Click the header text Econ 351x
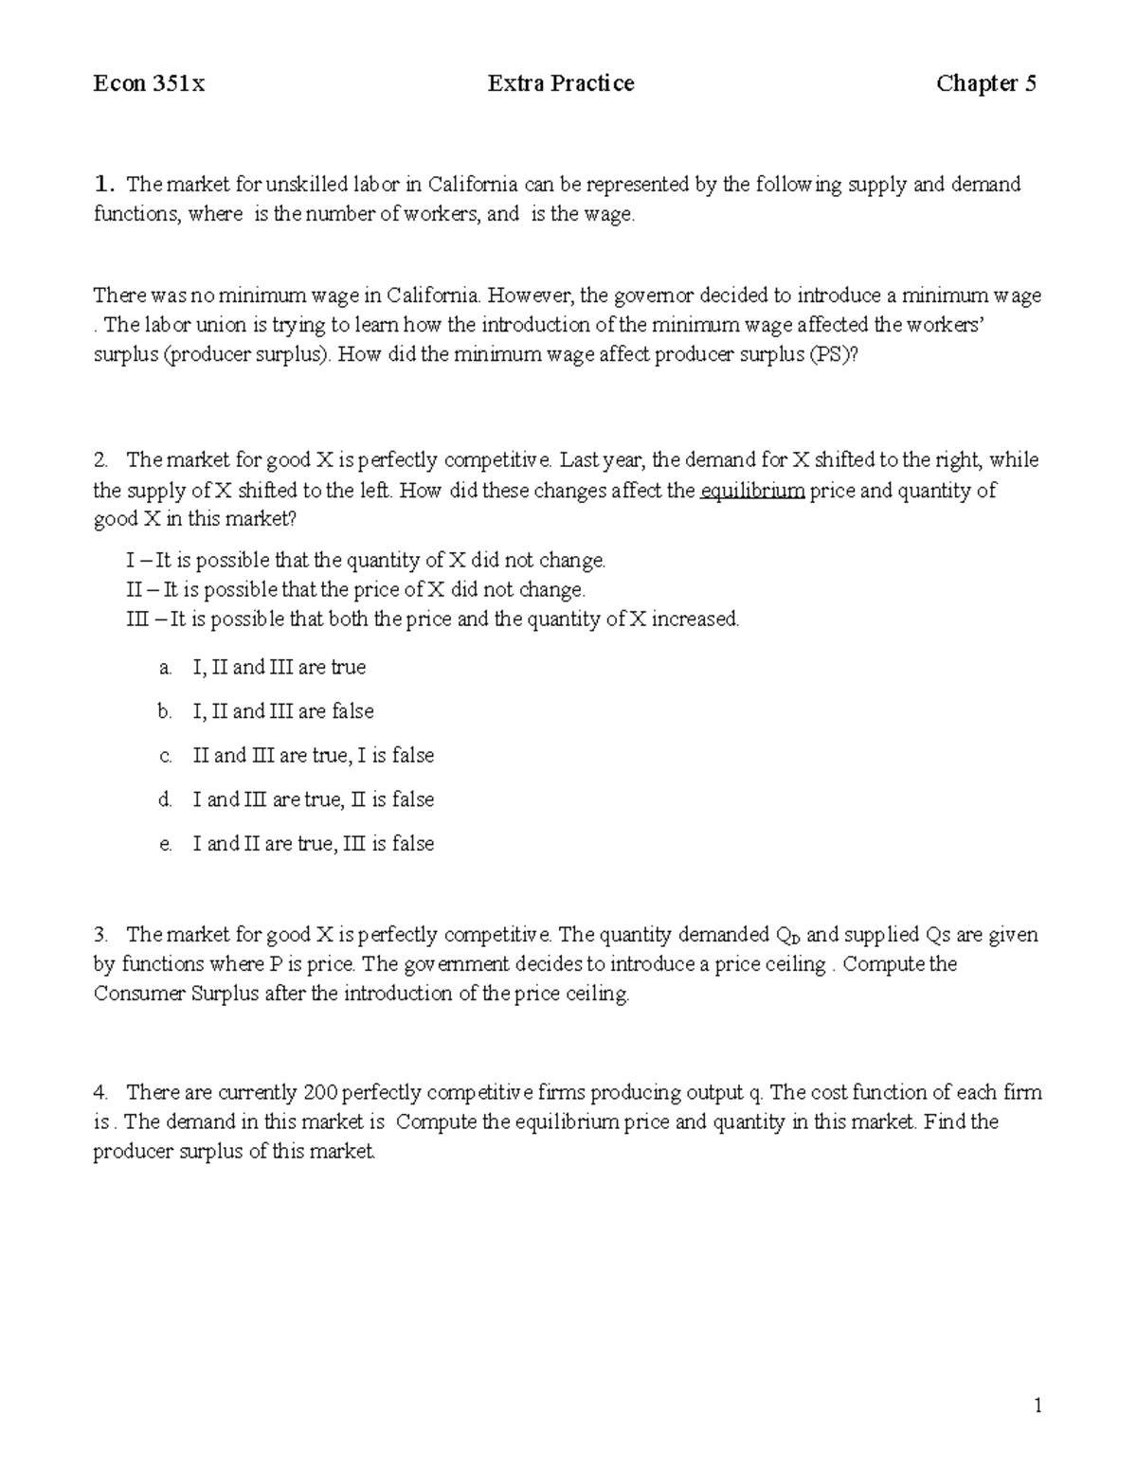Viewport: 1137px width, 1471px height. coord(149,84)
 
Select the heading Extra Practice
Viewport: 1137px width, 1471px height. coord(561,84)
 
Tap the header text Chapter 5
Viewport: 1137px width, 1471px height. coord(985,84)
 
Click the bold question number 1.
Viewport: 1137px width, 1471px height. coord(103,184)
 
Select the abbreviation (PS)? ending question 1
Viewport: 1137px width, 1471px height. coord(838,355)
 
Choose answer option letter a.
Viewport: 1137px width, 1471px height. coord(166,668)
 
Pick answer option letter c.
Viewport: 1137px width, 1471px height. coord(166,757)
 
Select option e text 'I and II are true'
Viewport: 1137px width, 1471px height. coord(262,844)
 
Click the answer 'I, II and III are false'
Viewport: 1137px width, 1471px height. coord(283,711)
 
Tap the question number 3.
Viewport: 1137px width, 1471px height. coord(101,935)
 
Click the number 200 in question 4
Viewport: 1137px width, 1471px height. coord(319,1093)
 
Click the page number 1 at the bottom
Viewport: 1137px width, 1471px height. coord(1038,1406)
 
